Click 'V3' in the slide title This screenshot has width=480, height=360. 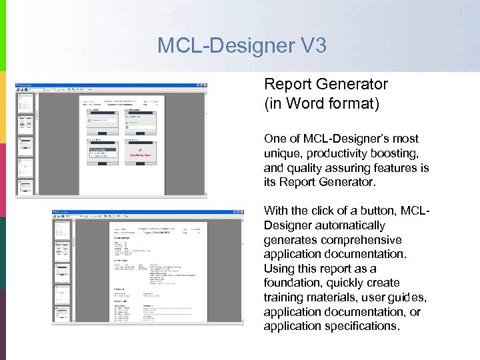309,45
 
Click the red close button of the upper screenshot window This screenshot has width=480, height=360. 203,85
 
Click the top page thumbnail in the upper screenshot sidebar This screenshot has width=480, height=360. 25,103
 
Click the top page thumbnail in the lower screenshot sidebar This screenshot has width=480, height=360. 63,229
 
